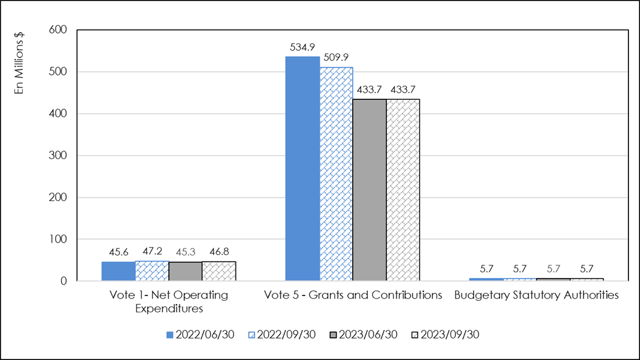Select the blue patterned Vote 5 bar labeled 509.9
coord(336,174)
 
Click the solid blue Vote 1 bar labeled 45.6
coord(118,271)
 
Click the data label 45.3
coord(186,254)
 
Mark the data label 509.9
coord(336,58)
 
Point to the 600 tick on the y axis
coord(60,30)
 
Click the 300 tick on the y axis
coord(60,156)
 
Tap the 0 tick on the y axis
coord(64,281)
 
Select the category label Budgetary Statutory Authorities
coord(537,295)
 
